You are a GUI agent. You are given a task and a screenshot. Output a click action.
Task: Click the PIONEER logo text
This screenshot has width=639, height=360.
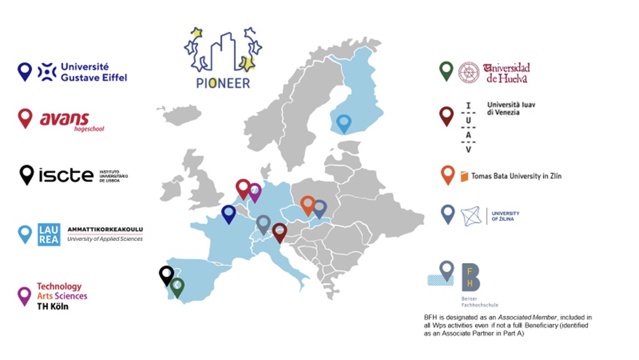(x=218, y=83)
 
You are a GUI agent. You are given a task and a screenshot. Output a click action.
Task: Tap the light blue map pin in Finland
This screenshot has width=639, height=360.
(x=344, y=123)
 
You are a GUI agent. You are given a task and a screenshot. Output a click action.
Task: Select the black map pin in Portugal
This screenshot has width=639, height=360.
(x=166, y=274)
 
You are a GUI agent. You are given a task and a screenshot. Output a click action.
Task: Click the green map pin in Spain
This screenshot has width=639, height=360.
(x=178, y=286)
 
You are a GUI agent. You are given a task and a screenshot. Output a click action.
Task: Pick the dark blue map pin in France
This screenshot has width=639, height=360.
(x=229, y=213)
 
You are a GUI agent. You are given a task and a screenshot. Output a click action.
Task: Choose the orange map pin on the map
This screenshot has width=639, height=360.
(x=308, y=204)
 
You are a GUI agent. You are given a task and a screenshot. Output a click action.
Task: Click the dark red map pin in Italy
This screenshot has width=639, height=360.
(x=279, y=232)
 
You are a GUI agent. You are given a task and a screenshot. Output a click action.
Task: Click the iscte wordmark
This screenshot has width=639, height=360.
(x=66, y=175)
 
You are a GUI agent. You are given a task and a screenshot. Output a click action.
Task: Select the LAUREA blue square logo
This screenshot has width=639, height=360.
(x=49, y=234)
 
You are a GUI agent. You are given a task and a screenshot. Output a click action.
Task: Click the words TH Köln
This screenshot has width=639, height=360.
(x=53, y=306)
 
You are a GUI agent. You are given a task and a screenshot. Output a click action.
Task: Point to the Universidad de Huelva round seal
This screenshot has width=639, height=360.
(x=468, y=72)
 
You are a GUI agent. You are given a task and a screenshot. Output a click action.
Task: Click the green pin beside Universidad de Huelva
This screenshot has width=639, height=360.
(x=446, y=70)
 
